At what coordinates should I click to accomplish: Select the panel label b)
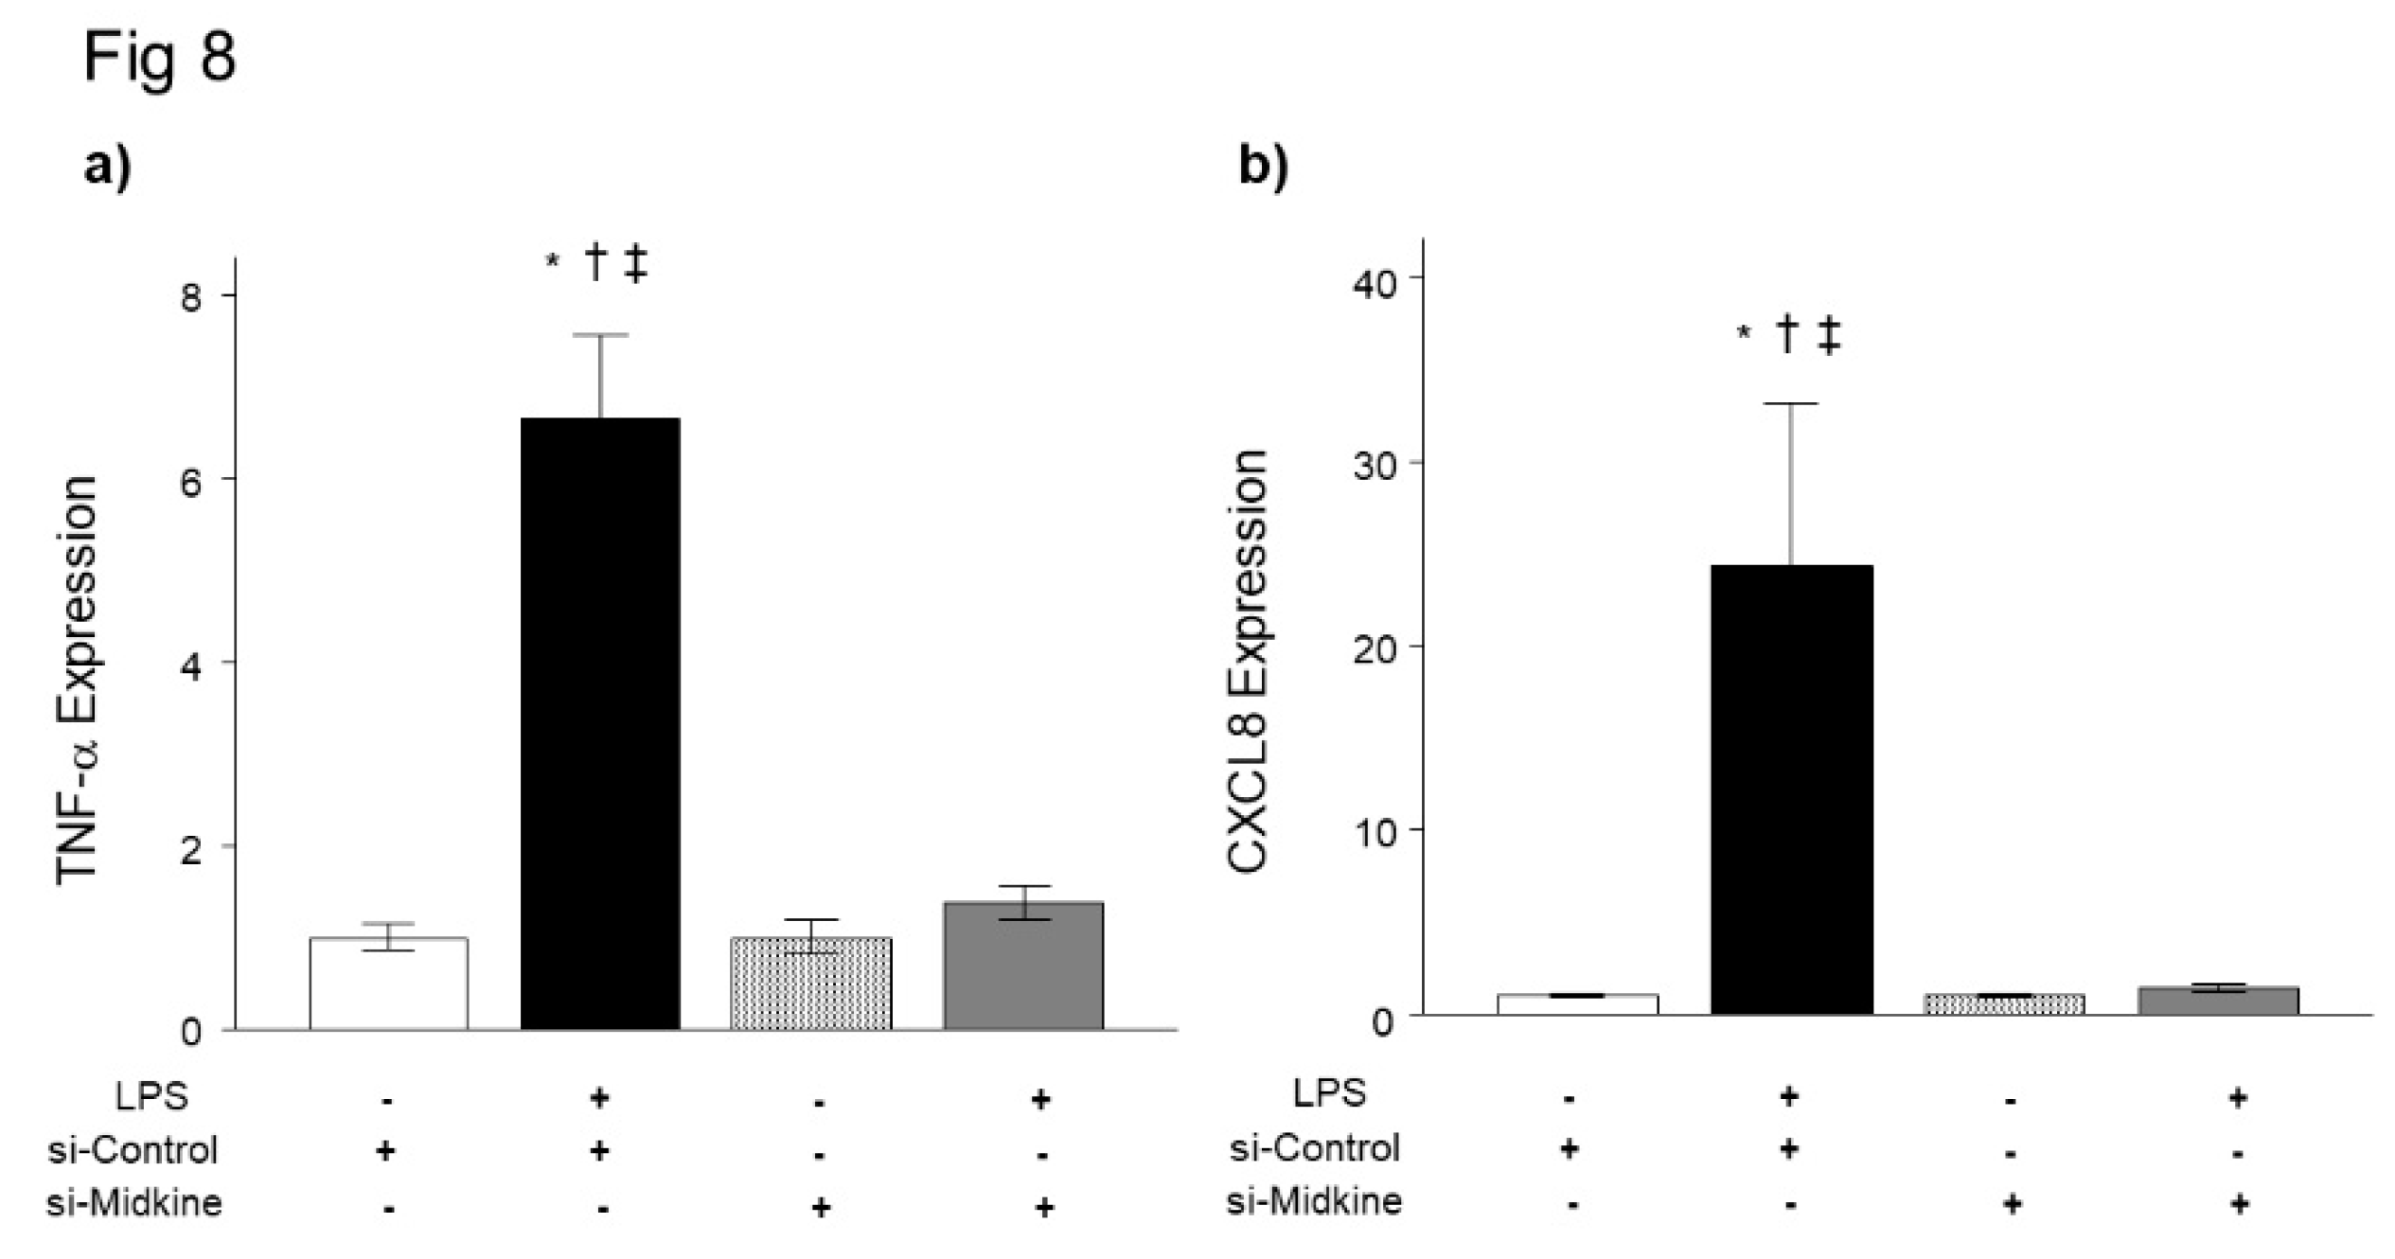click(x=1263, y=168)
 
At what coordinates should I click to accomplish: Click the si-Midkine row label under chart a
click(x=134, y=1203)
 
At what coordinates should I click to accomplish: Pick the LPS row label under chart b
click(x=1329, y=1093)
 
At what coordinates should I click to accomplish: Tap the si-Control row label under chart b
click(x=1314, y=1147)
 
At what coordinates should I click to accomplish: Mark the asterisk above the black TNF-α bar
click(x=552, y=262)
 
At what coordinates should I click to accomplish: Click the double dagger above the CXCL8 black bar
click(x=1829, y=337)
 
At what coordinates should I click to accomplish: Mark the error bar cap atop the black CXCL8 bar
click(x=1791, y=404)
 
